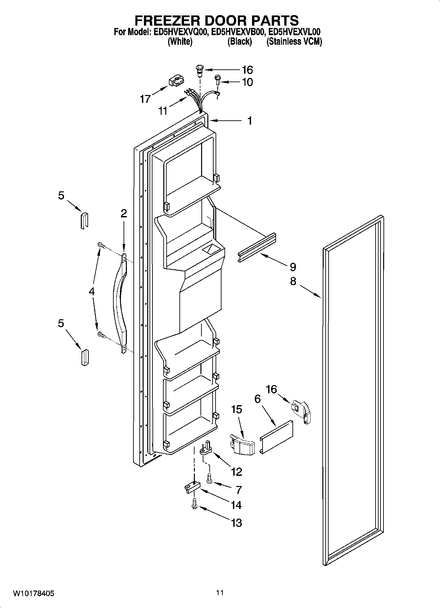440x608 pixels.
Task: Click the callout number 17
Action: pos(145,99)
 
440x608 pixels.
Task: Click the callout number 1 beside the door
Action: pos(250,121)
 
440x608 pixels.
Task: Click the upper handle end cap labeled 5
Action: pos(84,220)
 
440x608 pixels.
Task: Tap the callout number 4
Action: pos(92,291)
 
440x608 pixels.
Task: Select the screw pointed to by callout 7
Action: pos(209,478)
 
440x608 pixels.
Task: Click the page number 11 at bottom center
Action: pos(220,593)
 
